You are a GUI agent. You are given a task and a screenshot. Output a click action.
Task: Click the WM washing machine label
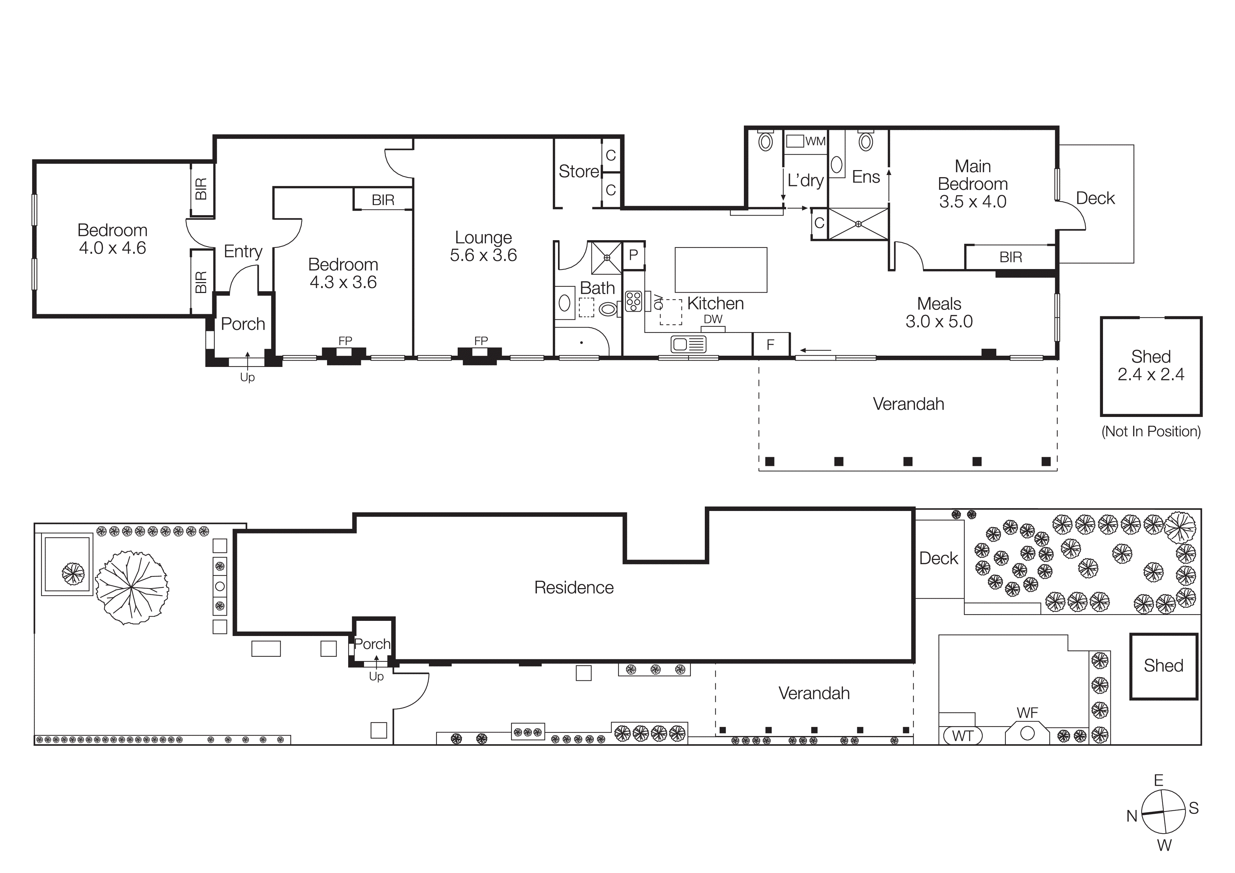(815, 142)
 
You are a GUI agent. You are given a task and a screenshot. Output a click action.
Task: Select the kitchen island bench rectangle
(721, 270)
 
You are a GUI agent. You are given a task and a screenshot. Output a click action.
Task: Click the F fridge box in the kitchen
(770, 345)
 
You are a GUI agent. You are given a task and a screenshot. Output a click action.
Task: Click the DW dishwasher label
(713, 319)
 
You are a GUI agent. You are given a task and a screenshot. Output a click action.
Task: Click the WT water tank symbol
(962, 735)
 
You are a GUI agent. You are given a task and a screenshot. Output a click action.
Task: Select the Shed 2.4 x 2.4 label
(1151, 365)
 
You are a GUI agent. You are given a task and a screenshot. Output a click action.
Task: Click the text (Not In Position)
(1151, 431)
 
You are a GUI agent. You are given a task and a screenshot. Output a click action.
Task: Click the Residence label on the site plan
(573, 587)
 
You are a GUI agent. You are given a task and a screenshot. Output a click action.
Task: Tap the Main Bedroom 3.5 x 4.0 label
(972, 184)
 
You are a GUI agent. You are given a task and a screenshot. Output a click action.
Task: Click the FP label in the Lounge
(481, 341)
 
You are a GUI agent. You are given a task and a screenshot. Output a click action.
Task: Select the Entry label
(243, 251)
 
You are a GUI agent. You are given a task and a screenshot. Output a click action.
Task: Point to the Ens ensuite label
(865, 177)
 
